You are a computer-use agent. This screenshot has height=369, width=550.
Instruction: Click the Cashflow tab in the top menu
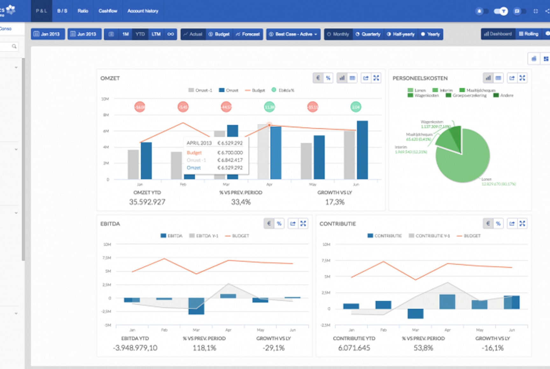tap(108, 11)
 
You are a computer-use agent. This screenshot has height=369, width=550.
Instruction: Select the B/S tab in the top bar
tap(62, 11)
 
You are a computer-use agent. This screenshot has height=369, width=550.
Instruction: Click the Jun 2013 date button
tap(84, 34)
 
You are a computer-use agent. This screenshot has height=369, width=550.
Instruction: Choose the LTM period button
tap(156, 34)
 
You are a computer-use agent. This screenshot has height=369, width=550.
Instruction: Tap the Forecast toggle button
tap(248, 34)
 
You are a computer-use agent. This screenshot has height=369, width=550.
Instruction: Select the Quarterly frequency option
tap(368, 34)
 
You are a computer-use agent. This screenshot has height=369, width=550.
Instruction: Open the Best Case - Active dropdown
tap(293, 34)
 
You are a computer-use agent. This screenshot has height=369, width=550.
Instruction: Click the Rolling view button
tap(529, 34)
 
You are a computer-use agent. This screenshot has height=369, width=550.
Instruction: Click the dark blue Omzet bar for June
tap(362, 150)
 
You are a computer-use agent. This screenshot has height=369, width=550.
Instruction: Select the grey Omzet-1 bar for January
tap(133, 164)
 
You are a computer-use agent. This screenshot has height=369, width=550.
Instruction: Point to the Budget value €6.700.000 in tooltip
tap(230, 153)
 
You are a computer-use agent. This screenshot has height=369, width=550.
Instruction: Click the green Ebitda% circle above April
tap(269, 107)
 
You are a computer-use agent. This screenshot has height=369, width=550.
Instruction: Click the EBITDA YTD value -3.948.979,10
tap(135, 348)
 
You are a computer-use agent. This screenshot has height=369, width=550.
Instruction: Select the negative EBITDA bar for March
tap(196, 306)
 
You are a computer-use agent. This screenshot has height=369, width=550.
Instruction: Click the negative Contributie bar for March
tap(415, 313)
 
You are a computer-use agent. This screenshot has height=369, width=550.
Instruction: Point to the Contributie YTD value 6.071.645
tap(354, 348)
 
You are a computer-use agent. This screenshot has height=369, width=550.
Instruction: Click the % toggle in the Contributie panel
tap(498, 224)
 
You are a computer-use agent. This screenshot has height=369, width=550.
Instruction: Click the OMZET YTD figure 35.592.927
tap(147, 202)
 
